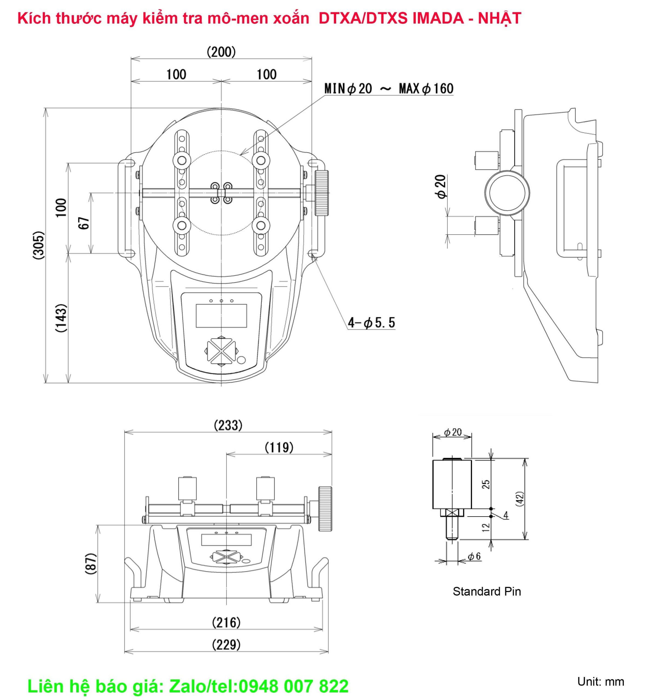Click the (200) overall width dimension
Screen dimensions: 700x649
pos(221,52)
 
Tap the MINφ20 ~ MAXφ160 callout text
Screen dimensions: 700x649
pos(389,89)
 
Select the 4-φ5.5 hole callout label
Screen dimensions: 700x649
pos(371,322)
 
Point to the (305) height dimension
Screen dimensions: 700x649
pos(39,245)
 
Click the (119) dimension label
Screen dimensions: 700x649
pos(279,448)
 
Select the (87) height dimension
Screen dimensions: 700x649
pos(91,564)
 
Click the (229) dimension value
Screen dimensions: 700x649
pos(226,644)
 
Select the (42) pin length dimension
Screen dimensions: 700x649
pos(520,498)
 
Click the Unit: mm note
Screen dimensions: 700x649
pos(601,681)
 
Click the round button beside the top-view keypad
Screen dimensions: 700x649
pos(241,360)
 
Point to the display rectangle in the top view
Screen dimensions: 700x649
pos(221,316)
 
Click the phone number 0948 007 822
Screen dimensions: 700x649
pos(294,686)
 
